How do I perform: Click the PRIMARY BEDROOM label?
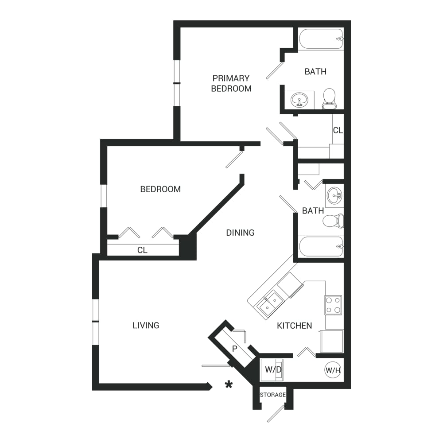coord(231,83)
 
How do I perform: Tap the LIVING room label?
coord(146,326)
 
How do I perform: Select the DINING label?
coord(241,233)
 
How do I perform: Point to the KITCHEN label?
coord(295,326)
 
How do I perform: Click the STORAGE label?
coord(272,395)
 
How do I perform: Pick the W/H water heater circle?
coord(333,370)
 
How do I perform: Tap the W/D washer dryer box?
coord(272,369)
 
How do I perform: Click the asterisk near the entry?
coord(229,385)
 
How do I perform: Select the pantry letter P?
coord(234,349)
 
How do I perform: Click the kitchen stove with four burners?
coord(333,305)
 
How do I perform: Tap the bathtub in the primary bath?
coord(321,39)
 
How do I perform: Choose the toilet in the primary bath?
coord(329,99)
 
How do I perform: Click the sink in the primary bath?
coord(299,100)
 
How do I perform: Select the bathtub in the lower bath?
coord(321,247)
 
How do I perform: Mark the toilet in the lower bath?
coord(334,221)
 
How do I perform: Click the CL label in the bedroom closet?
coord(142,250)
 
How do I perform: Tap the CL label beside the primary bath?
coord(338,130)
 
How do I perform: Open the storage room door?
coord(276,414)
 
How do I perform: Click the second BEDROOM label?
coord(160,189)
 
